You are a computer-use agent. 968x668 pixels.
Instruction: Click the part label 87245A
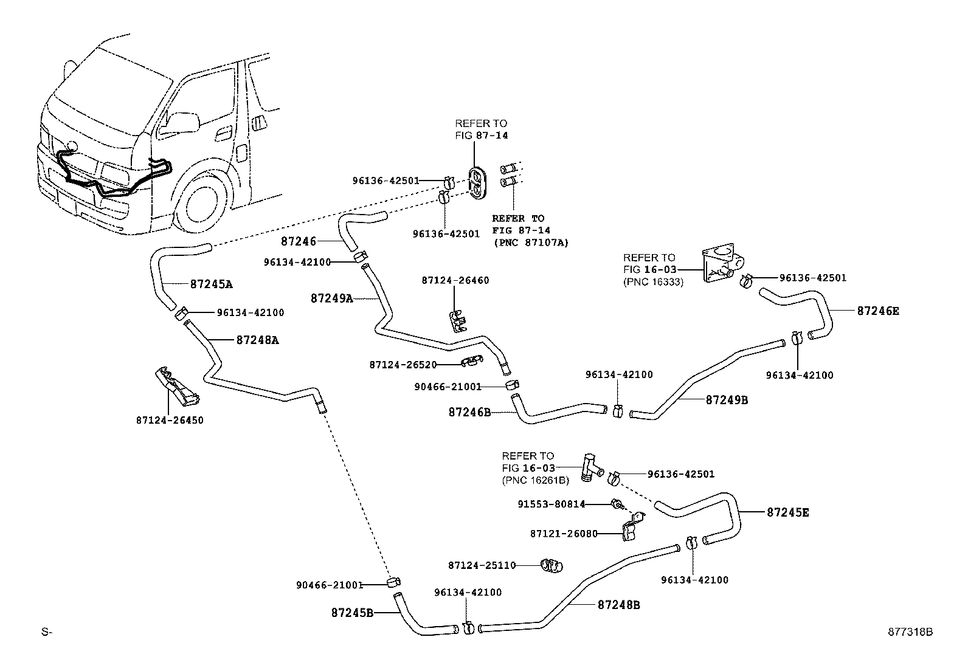(x=212, y=284)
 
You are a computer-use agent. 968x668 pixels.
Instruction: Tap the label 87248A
(x=258, y=340)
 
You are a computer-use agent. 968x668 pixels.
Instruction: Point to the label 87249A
(x=332, y=298)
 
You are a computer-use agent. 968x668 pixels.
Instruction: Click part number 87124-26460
(x=455, y=280)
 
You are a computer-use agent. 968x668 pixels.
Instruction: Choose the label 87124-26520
(x=403, y=365)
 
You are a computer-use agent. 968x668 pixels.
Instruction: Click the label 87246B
(x=469, y=412)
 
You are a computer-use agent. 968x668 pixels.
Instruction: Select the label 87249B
(x=727, y=400)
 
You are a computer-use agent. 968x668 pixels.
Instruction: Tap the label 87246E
(x=878, y=311)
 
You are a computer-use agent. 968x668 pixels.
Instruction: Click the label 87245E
(x=788, y=512)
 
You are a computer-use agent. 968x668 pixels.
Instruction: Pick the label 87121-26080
(x=564, y=534)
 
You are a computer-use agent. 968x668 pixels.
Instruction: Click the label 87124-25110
(x=482, y=565)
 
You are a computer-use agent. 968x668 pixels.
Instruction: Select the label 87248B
(x=619, y=605)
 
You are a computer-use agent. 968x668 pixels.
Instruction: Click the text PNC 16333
(x=654, y=282)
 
